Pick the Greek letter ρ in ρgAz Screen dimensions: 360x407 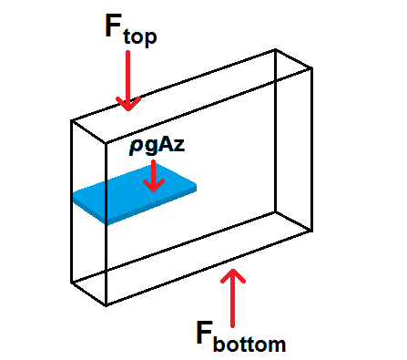(x=133, y=149)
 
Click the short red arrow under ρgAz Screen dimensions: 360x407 (x=154, y=175)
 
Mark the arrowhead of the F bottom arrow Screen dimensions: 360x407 (x=236, y=273)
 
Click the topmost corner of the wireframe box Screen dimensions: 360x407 (x=275, y=50)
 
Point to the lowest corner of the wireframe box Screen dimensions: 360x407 (x=108, y=304)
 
